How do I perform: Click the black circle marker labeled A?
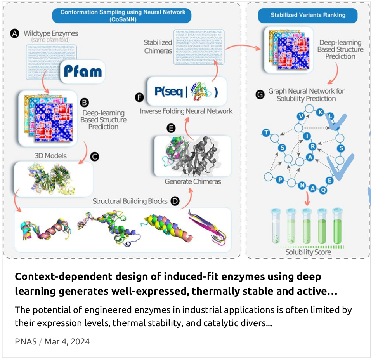point(15,34)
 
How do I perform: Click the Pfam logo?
point(82,71)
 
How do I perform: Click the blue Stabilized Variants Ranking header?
point(308,16)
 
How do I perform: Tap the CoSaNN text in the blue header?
point(123,19)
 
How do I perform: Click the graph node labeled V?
point(301,115)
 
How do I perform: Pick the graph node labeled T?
point(266,133)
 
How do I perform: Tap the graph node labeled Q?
point(323,190)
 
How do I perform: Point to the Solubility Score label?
point(308,252)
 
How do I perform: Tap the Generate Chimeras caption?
point(193,181)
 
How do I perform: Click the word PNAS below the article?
point(26,342)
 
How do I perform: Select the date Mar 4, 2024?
point(67,342)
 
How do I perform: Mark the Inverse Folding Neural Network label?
point(186,111)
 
